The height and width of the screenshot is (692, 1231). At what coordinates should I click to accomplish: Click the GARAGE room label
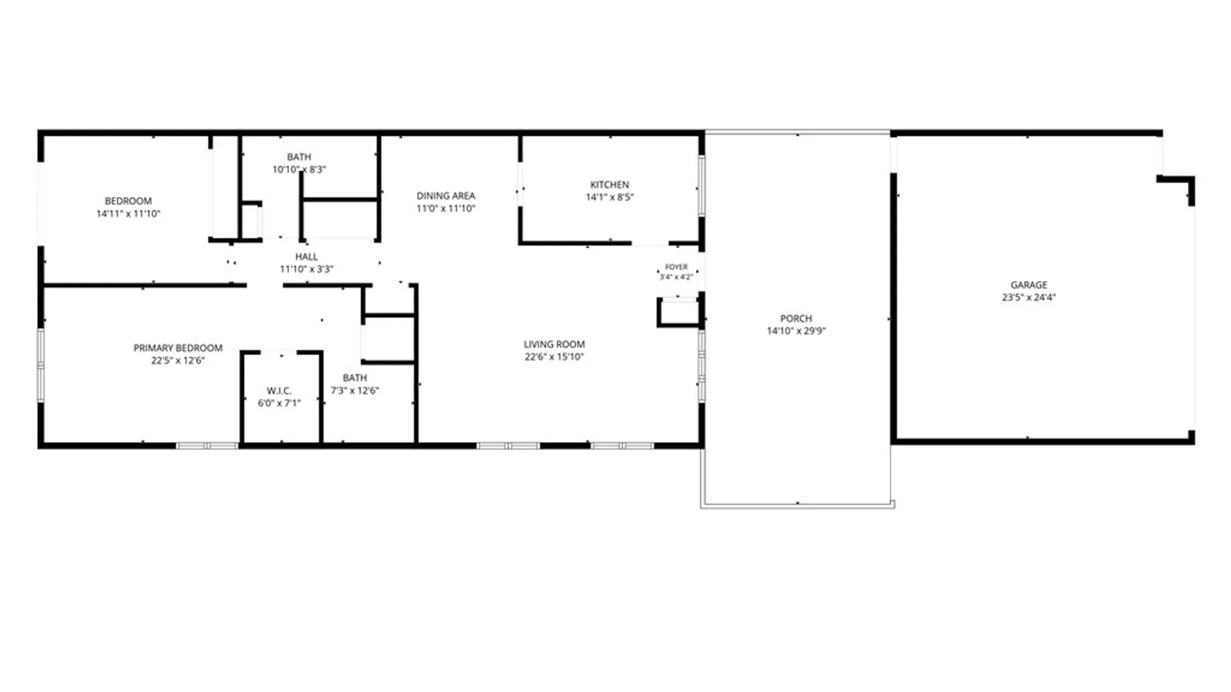click(x=1029, y=285)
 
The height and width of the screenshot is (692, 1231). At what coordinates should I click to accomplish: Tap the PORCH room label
click(x=796, y=318)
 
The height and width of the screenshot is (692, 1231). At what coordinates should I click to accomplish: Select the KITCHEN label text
click(x=610, y=185)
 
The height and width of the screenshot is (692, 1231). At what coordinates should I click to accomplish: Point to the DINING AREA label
click(x=446, y=196)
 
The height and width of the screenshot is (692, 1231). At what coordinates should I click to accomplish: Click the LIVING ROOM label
click(x=554, y=344)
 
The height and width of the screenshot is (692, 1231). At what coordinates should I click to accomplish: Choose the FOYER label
click(x=676, y=267)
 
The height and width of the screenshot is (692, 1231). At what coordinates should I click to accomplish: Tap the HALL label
click(x=306, y=257)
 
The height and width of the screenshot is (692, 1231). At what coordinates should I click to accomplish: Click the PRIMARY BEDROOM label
click(x=178, y=348)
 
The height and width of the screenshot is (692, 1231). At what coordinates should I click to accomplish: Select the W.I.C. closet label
click(x=279, y=391)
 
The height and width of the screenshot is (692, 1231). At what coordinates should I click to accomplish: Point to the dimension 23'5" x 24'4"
click(x=1029, y=297)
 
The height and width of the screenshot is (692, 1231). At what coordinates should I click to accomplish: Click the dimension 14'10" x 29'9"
click(x=796, y=331)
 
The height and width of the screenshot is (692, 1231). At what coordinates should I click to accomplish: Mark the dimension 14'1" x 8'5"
click(x=610, y=197)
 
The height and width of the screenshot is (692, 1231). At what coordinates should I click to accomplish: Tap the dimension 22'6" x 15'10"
click(x=554, y=357)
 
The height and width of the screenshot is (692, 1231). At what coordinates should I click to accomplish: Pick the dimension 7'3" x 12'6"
click(x=355, y=391)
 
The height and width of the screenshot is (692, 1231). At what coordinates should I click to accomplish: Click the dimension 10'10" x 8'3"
click(x=299, y=170)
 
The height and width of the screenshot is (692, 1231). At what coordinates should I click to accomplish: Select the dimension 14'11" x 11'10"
click(x=128, y=214)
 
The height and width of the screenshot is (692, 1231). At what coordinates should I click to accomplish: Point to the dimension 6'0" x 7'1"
click(x=279, y=403)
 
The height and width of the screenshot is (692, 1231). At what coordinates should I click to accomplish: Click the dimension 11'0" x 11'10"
click(x=446, y=208)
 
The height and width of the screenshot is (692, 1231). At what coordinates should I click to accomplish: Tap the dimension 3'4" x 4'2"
click(x=676, y=277)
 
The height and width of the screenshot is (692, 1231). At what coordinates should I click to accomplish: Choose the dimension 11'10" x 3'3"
click(x=306, y=269)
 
